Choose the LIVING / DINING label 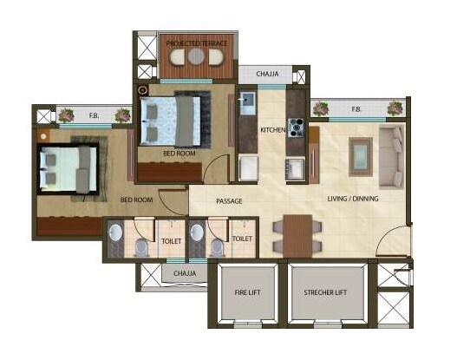pos(352,200)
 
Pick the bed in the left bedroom pos(67,167)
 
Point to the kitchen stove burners pos(295,129)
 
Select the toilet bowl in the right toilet pos(215,247)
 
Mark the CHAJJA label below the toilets pos(182,273)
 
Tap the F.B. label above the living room pos(356,109)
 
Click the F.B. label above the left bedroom pos(94,115)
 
